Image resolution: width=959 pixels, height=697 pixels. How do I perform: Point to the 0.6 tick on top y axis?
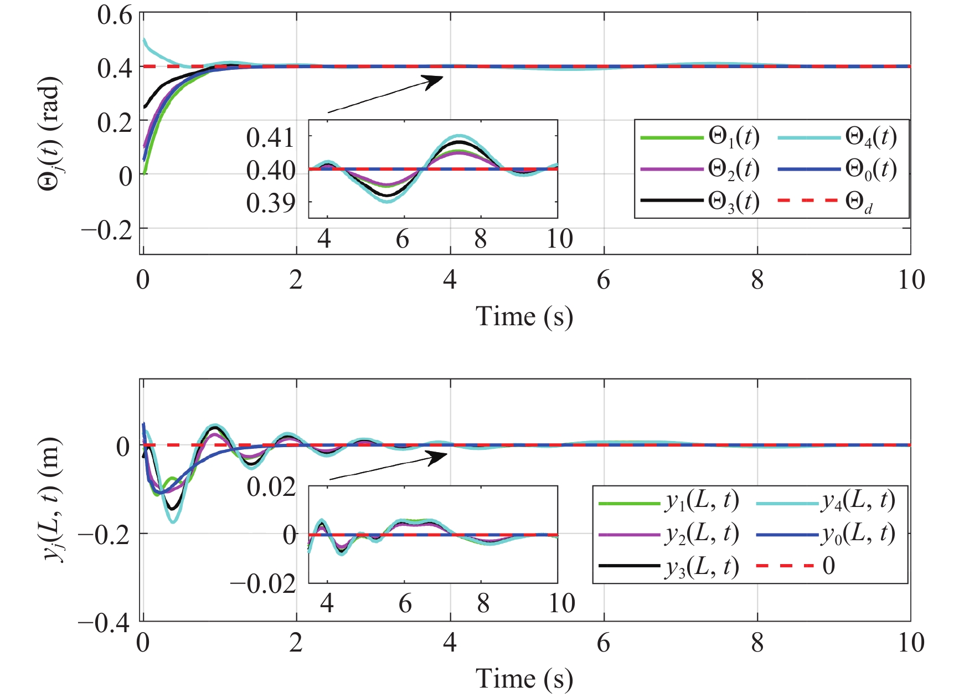pyautogui.click(x=115, y=15)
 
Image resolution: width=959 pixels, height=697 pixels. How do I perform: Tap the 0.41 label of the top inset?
pyautogui.click(x=271, y=137)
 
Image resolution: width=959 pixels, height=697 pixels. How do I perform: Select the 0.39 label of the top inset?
pyautogui.click(x=271, y=203)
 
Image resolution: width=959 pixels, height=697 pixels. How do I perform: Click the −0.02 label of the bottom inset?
pyautogui.click(x=263, y=583)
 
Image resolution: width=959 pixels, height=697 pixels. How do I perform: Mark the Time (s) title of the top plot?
pyautogui.click(x=524, y=316)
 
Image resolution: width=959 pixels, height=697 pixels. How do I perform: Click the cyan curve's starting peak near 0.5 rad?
pyautogui.click(x=145, y=40)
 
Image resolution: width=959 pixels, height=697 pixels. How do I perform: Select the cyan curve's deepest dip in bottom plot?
pyautogui.click(x=173, y=521)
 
